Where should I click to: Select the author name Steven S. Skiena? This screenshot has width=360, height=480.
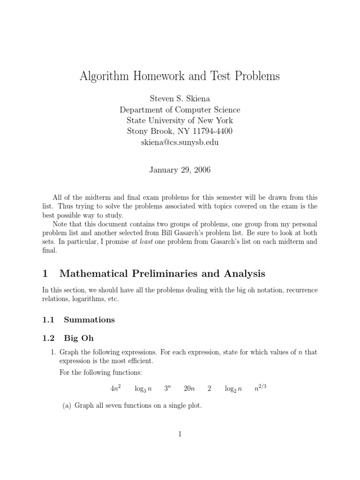(180, 99)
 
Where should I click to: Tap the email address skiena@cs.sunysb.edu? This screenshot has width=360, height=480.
(180, 142)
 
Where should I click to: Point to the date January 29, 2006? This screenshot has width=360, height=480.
(180, 170)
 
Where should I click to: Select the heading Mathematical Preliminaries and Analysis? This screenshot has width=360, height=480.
(165, 274)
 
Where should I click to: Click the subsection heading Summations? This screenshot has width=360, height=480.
(89, 320)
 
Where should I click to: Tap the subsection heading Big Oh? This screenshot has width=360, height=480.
(79, 337)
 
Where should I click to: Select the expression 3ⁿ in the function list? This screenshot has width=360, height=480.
(167, 389)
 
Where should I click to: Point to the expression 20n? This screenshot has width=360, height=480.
(189, 389)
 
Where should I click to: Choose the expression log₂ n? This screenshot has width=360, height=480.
(233, 389)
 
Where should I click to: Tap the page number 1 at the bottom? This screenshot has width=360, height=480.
(180, 435)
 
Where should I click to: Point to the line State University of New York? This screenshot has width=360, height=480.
(180, 121)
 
